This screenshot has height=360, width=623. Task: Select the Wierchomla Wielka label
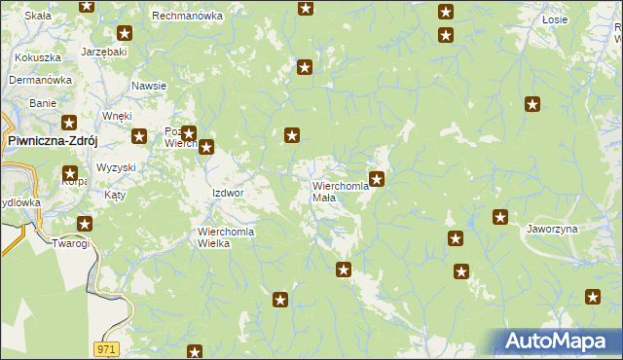pyautogui.click(x=227, y=237)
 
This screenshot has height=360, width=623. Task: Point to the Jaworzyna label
pyautogui.click(x=553, y=229)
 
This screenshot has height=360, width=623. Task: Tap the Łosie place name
pyautogui.click(x=556, y=19)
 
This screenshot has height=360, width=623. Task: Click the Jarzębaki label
pyautogui.click(x=104, y=50)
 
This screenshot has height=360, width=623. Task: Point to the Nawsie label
pyautogui.click(x=149, y=86)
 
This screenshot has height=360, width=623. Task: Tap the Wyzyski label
pyautogui.click(x=116, y=167)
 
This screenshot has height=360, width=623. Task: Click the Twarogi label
pyautogui.click(x=70, y=243)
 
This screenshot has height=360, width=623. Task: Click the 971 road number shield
pyautogui.click(x=107, y=347)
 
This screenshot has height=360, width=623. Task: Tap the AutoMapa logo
pyautogui.click(x=559, y=342)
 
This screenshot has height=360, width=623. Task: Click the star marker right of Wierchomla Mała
pyautogui.click(x=377, y=178)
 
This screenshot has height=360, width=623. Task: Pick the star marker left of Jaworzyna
pyautogui.click(x=500, y=217)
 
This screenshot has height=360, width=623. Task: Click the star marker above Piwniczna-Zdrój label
pyautogui.click(x=69, y=123)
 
